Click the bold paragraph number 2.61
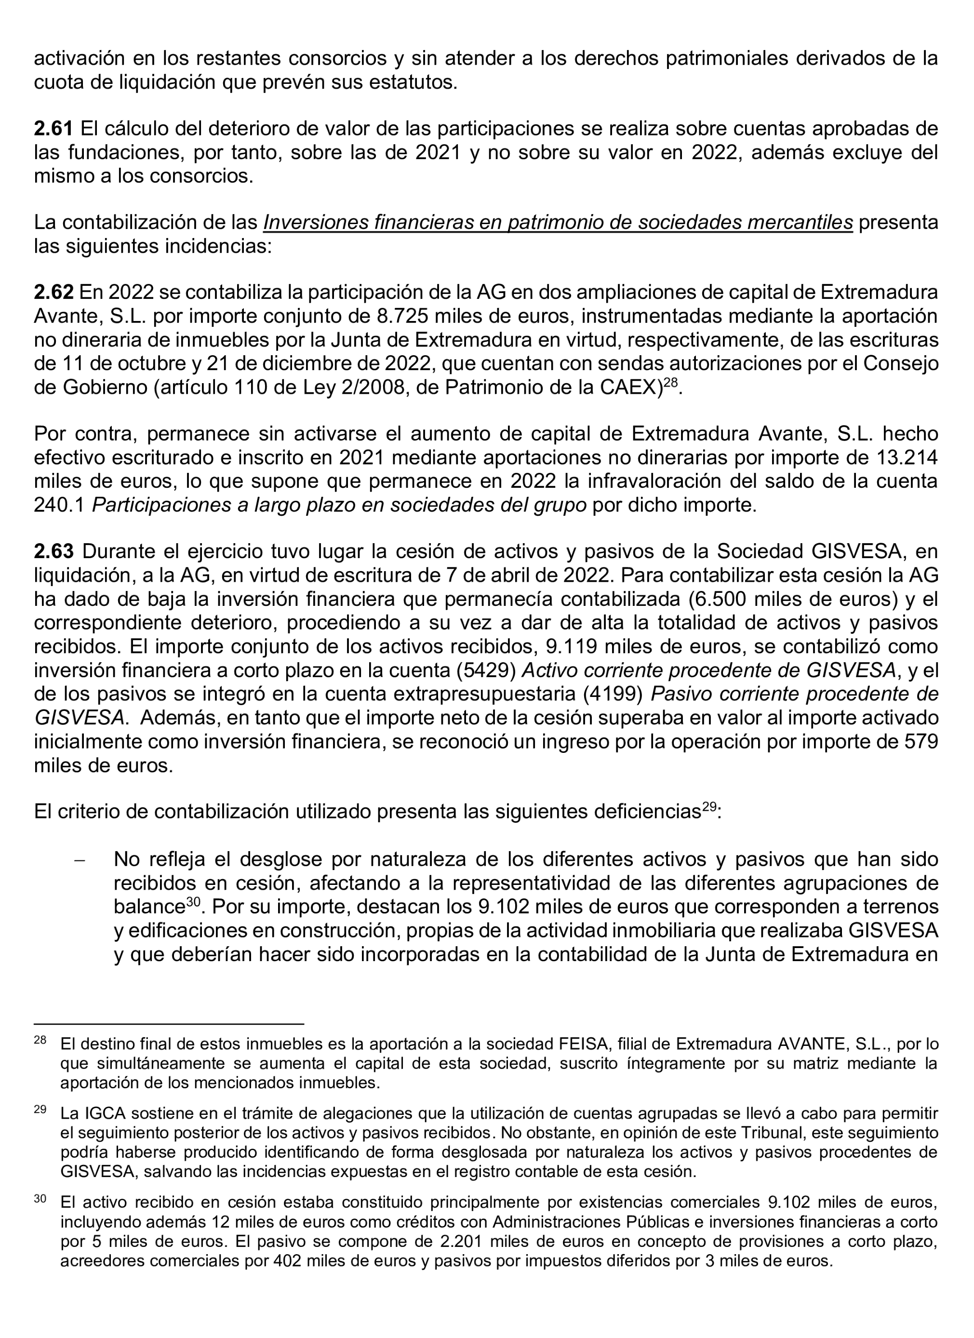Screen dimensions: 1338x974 53,129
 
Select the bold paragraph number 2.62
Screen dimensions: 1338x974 53,292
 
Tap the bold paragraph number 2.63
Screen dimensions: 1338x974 53,551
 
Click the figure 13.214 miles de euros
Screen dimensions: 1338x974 908,457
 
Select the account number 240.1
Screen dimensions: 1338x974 59,505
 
